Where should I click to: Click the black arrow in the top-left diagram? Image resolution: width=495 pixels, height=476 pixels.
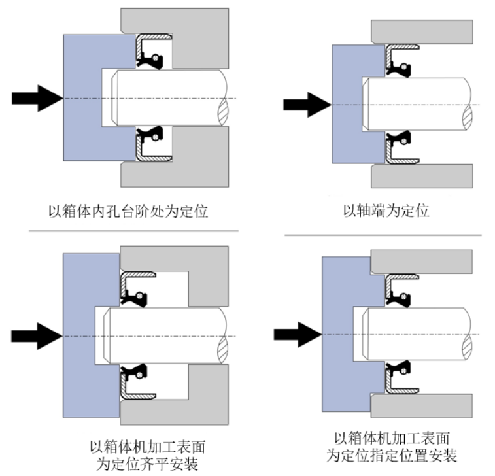(x=36, y=98)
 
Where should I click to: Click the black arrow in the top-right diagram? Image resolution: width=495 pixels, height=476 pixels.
(x=306, y=104)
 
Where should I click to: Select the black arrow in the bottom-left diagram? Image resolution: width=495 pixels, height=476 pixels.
(x=36, y=335)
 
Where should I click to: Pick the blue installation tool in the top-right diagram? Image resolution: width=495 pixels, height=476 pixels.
(x=347, y=105)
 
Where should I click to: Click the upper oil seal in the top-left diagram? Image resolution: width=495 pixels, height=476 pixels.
(x=153, y=54)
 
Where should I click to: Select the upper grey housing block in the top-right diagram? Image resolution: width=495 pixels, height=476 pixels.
(x=422, y=31)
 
